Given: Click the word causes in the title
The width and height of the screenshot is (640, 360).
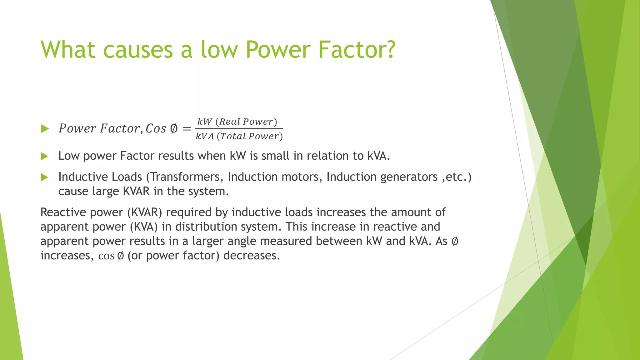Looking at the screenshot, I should point(138,50).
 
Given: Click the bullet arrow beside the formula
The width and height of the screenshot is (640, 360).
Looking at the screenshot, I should point(45,128).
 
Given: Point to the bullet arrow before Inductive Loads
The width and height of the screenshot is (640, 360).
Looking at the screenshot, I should point(45,177).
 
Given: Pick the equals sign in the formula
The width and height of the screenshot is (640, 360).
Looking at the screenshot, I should point(187,128).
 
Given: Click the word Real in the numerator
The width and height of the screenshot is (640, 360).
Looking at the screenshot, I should point(230,122).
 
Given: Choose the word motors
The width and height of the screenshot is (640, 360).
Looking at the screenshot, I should point(302,177).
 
